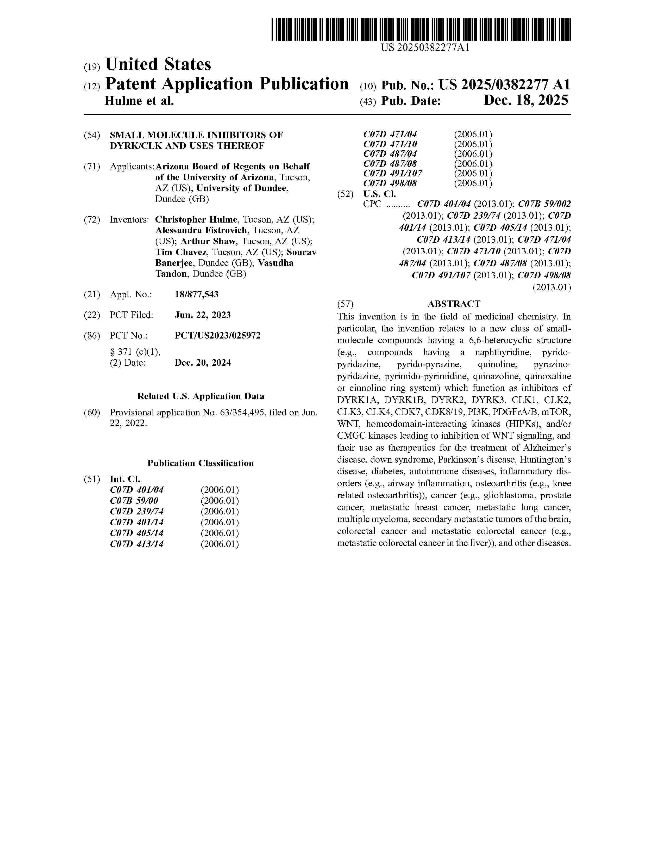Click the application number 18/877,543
[x=196, y=294]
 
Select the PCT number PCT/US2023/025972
[x=217, y=335]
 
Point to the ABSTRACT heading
[x=454, y=304]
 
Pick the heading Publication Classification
[x=201, y=463]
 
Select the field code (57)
[x=345, y=304]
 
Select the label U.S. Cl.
[x=379, y=194]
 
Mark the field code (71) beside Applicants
[x=92, y=167]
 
